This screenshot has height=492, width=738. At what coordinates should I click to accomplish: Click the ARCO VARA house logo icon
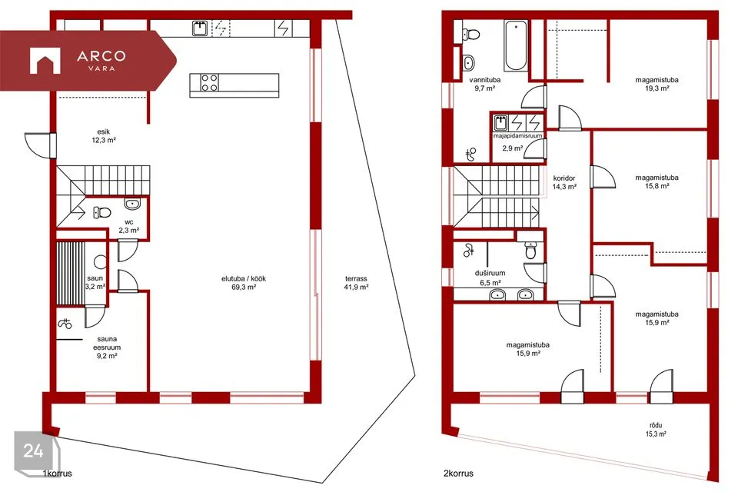(45, 61)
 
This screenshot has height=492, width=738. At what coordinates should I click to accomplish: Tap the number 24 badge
(35, 451)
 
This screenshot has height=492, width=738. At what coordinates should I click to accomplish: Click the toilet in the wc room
(101, 213)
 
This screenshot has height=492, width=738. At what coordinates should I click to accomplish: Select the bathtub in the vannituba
(516, 45)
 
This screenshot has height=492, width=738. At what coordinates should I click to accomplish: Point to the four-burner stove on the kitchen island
(209, 83)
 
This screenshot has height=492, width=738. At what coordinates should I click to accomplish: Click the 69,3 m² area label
(244, 288)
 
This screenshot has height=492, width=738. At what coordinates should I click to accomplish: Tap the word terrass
(355, 279)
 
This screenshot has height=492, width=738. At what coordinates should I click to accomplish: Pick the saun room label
(95, 278)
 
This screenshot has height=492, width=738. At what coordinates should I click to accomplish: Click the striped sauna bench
(71, 273)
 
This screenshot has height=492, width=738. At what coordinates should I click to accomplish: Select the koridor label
(563, 178)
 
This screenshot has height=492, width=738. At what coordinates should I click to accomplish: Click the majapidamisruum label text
(517, 135)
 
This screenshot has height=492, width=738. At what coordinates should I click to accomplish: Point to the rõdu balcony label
(656, 426)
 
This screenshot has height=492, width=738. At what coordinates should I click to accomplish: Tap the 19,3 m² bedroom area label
(657, 88)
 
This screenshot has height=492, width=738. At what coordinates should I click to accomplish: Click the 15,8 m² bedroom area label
(657, 186)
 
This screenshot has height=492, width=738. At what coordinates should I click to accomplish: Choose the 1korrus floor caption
(58, 474)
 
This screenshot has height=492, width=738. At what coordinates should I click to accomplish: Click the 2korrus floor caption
(458, 474)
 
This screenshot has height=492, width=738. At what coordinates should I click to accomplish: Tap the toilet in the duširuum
(531, 251)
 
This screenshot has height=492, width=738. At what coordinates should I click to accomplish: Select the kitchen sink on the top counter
(201, 28)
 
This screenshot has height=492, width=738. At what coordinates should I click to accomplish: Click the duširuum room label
(490, 273)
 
